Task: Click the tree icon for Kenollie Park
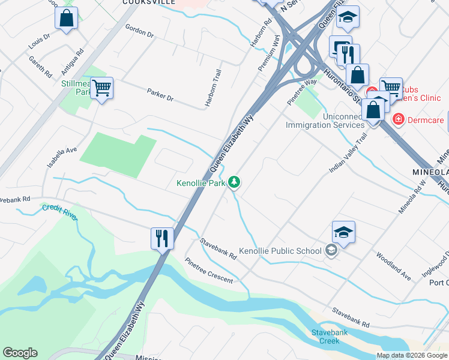point(235,182)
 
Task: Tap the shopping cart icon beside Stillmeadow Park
point(101,88)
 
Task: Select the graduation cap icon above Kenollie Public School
point(343,232)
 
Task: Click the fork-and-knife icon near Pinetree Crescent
point(162,238)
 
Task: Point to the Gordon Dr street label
point(139,31)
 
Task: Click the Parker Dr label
point(160,94)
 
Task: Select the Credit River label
point(59,212)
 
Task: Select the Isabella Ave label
point(63,157)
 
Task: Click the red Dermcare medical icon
point(397,120)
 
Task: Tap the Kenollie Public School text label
point(280,251)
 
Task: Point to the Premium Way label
point(269,53)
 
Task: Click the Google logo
point(20,353)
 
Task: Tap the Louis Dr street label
point(38,41)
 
